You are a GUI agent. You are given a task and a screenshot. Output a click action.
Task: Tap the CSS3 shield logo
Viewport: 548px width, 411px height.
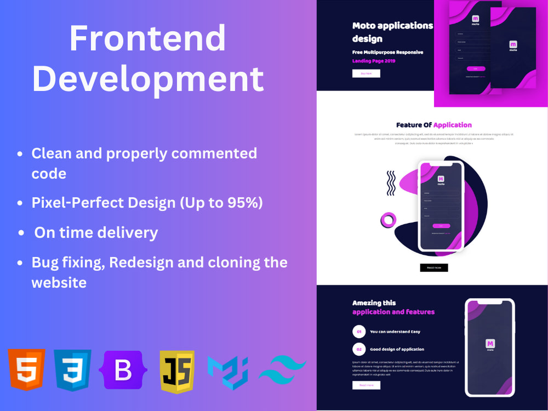[x=72, y=370]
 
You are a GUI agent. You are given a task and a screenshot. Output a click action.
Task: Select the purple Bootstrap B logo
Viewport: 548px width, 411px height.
[x=123, y=370]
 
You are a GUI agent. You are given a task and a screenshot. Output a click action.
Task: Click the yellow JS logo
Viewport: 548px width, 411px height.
[x=177, y=371]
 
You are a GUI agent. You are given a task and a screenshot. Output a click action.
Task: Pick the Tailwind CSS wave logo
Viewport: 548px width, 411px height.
[x=282, y=371]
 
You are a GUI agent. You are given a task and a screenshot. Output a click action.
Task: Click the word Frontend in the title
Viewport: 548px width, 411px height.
[x=147, y=38]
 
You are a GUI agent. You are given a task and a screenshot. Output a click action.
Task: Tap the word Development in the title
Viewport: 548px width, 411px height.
[x=148, y=78]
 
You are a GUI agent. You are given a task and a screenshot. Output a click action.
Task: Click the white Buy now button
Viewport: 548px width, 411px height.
[x=366, y=73]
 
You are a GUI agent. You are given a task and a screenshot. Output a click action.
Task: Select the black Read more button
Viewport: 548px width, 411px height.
[x=434, y=267]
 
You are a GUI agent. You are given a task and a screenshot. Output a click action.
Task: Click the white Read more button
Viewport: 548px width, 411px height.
[x=366, y=385]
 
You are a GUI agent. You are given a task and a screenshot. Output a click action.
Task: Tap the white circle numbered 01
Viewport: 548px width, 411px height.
[x=359, y=332]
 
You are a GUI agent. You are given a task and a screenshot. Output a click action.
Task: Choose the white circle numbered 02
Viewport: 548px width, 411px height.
[x=359, y=349]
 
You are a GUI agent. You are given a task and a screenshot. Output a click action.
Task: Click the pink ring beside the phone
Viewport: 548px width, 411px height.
[x=389, y=220]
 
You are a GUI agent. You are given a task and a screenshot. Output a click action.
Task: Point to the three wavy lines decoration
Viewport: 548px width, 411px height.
[x=391, y=183]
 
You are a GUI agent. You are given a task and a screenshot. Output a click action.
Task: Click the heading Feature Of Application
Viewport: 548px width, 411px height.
[x=433, y=125]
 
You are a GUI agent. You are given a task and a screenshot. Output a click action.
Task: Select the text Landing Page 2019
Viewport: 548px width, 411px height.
[x=374, y=61]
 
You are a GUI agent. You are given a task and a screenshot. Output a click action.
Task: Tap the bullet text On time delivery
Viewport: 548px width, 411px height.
[x=96, y=232]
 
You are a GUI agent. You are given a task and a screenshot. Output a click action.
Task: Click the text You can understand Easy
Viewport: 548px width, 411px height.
[x=395, y=332]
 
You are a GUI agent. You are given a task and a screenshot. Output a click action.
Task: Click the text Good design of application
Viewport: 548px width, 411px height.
[x=397, y=349]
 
